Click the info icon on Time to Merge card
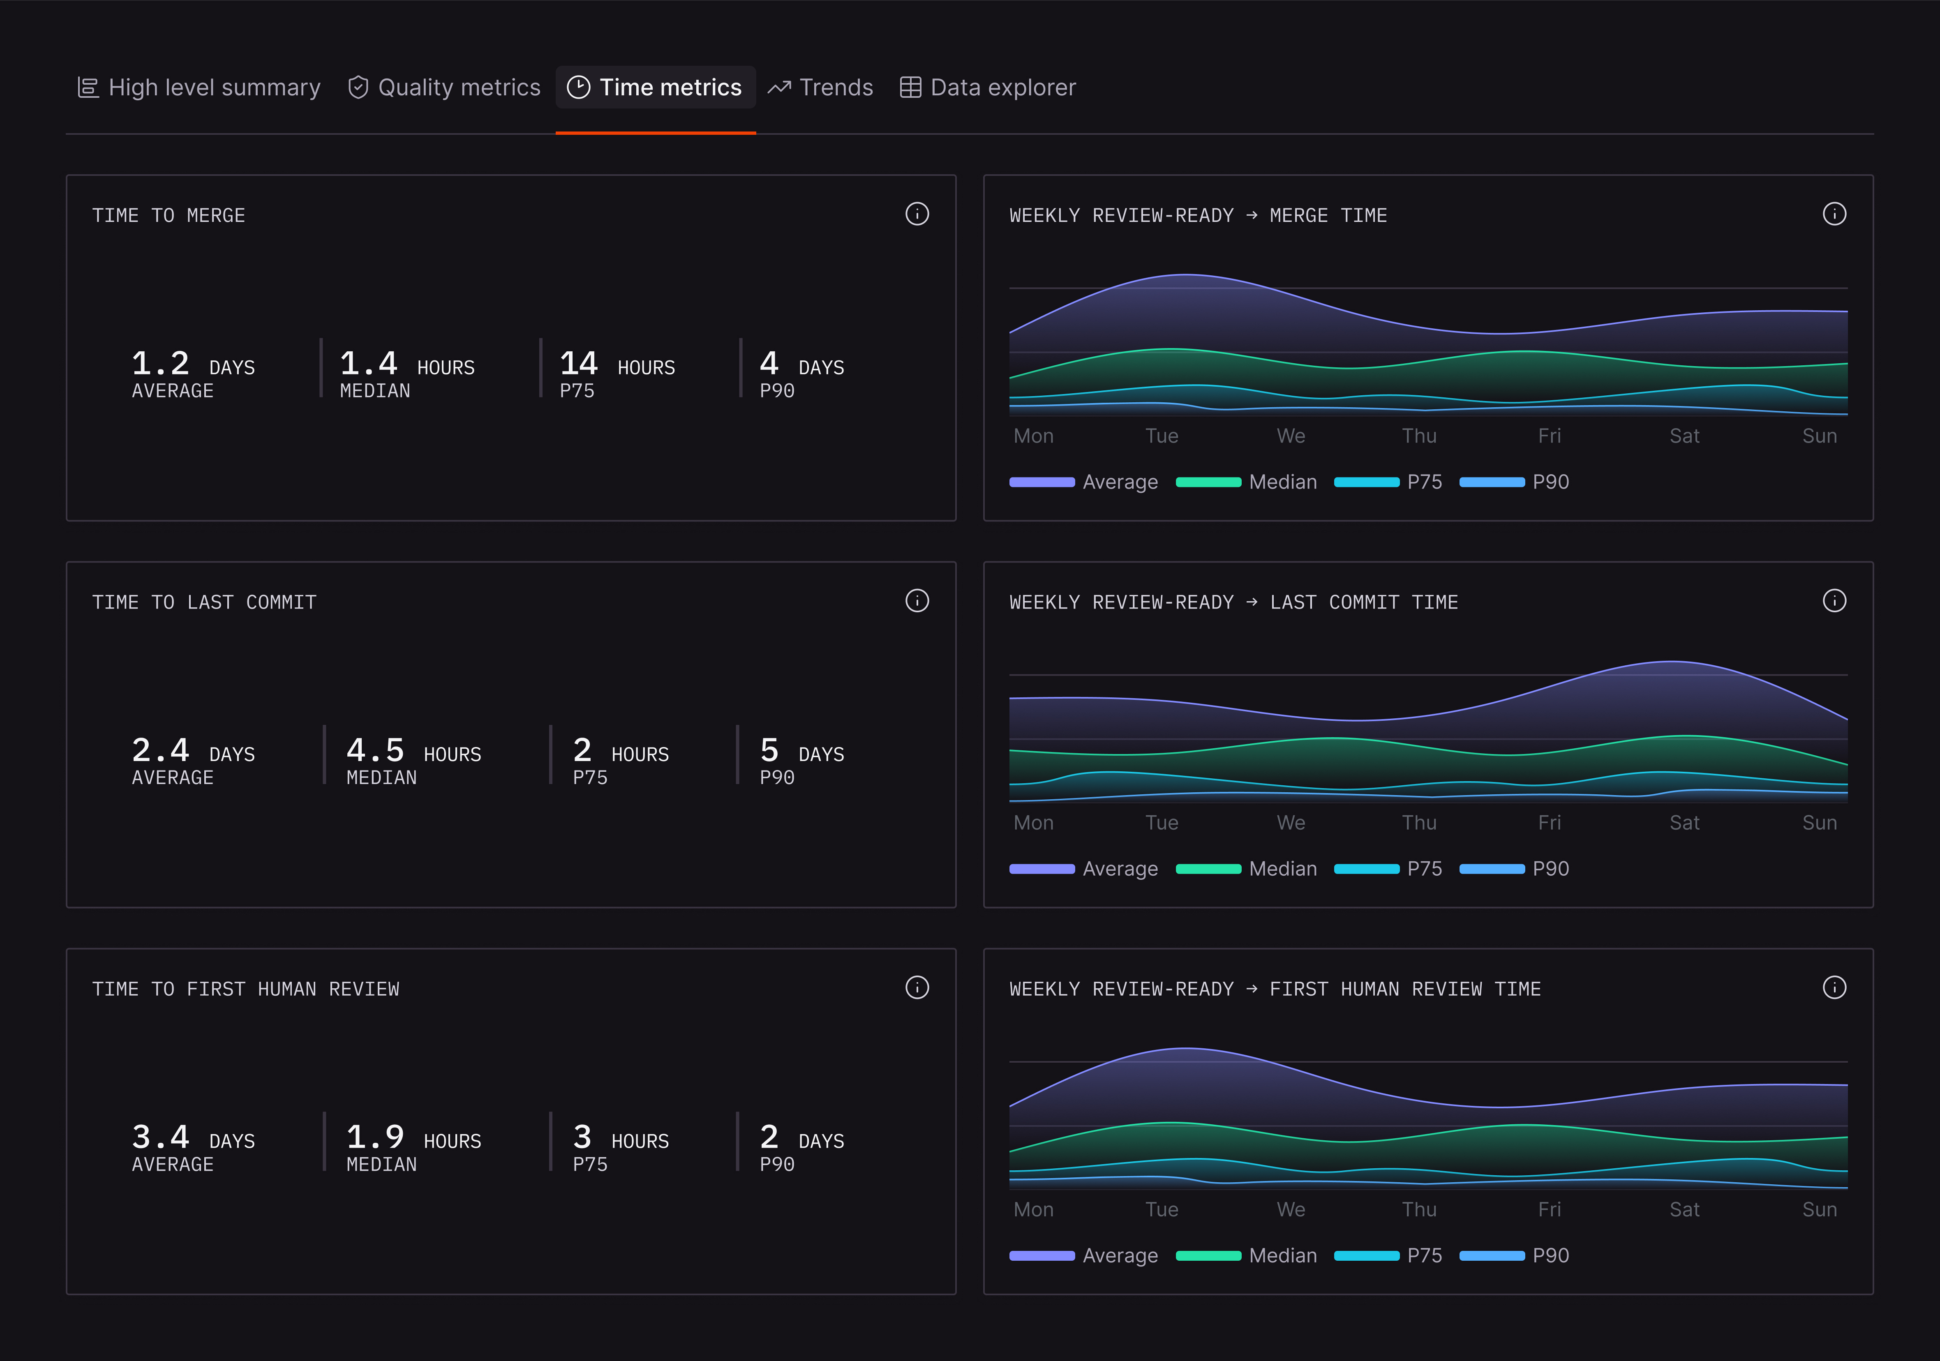coord(917,214)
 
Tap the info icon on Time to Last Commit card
coord(917,601)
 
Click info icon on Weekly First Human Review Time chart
coord(1834,987)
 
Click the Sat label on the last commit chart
coord(1684,823)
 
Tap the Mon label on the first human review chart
coord(1033,1210)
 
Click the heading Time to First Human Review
coord(246,989)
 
